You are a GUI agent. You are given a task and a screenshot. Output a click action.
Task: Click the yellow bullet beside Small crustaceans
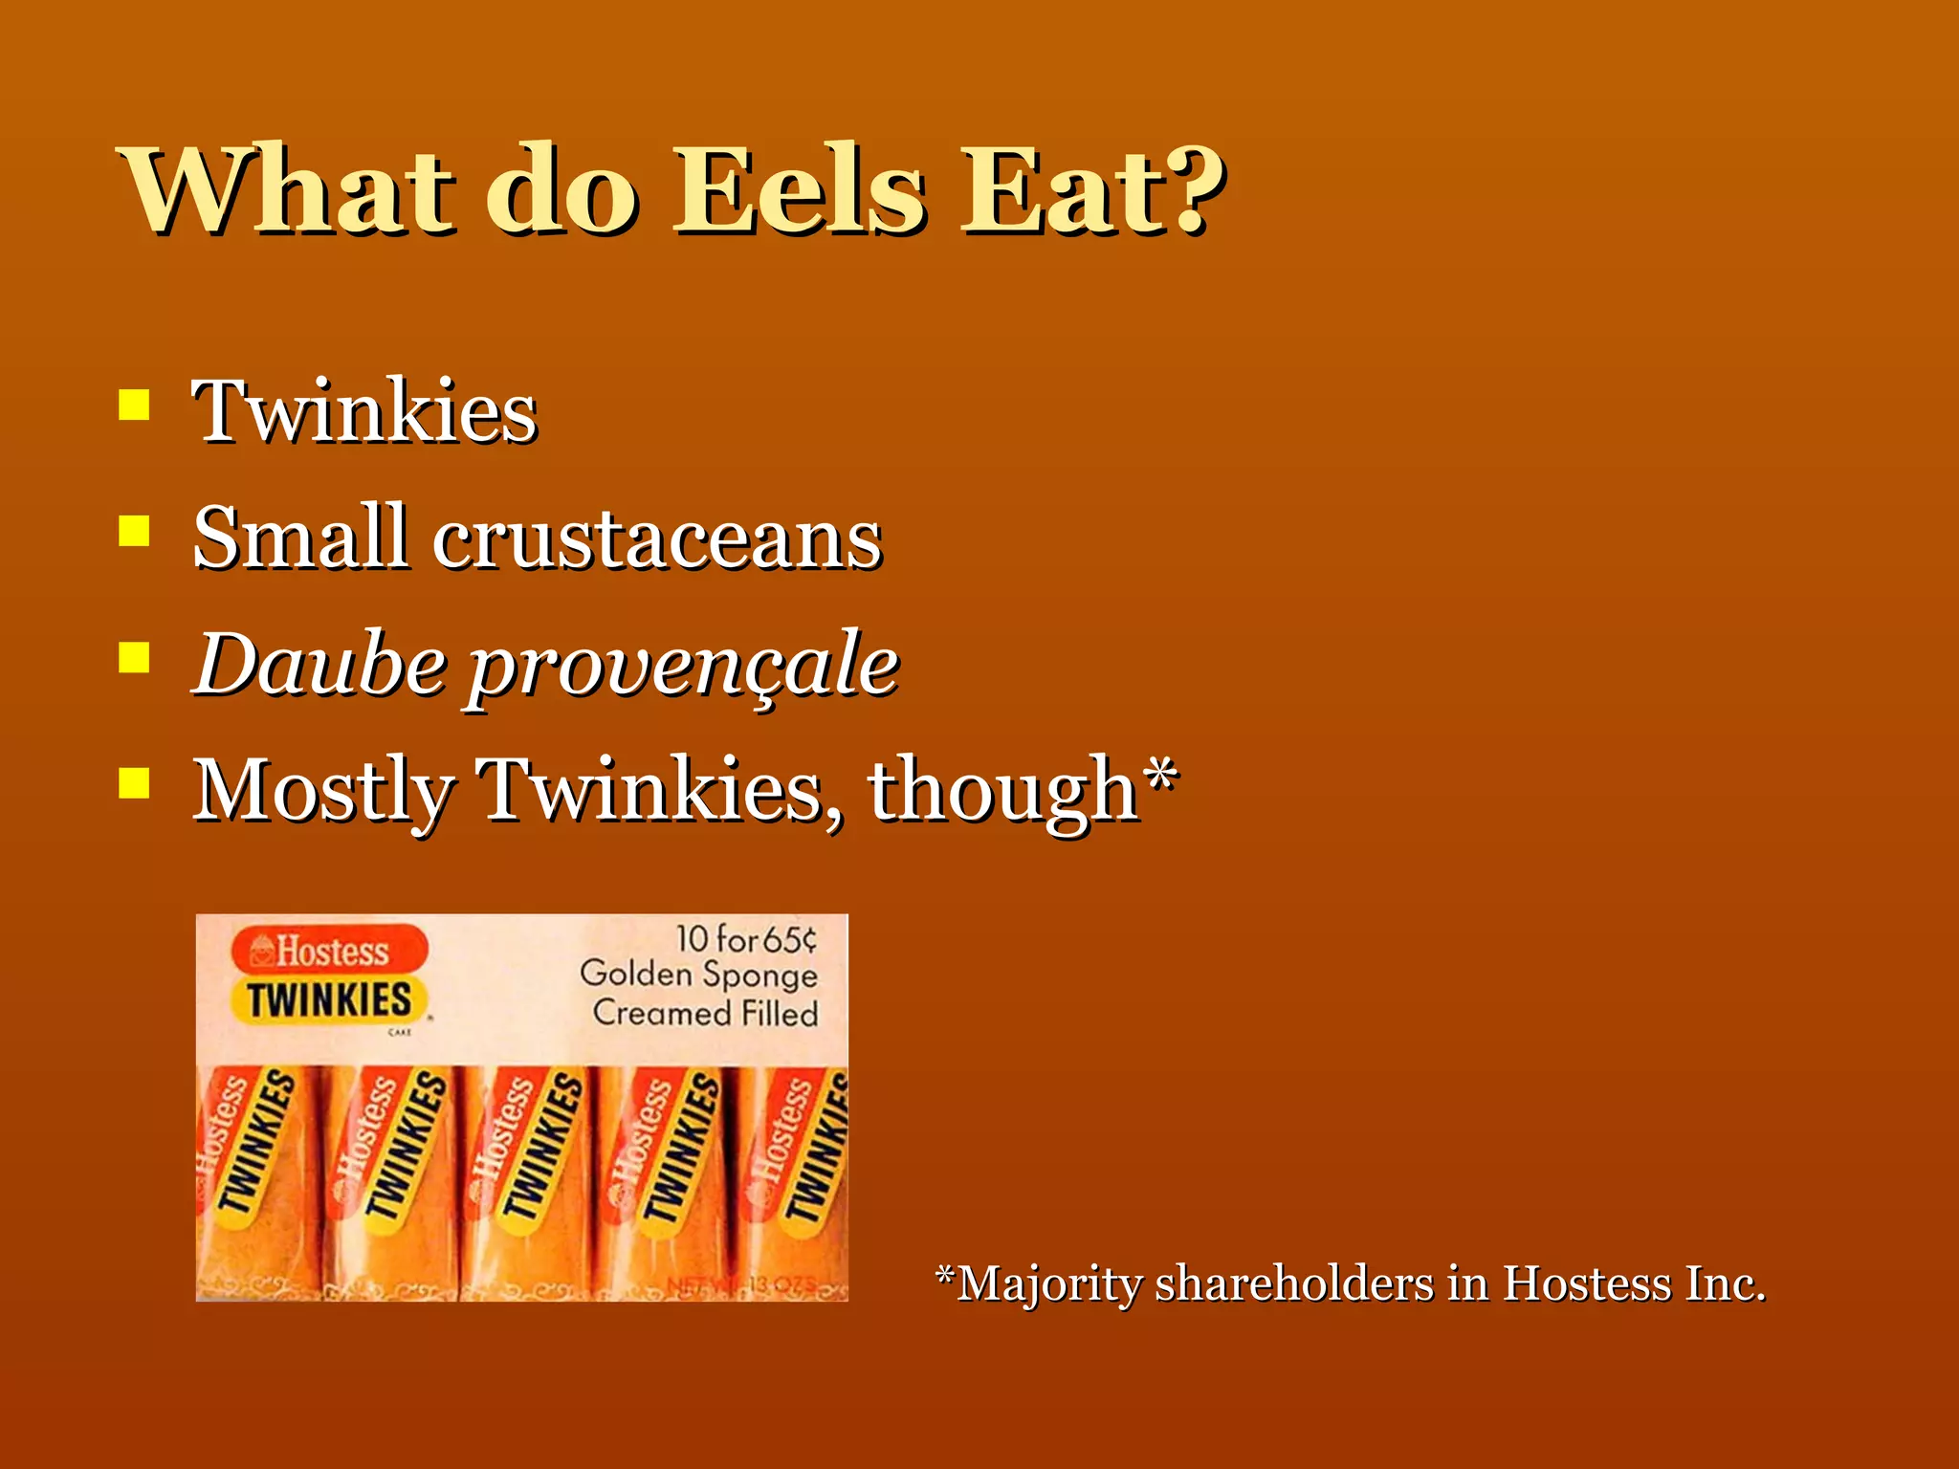pos(134,530)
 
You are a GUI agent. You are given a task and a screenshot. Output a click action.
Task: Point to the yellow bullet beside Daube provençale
pos(134,658)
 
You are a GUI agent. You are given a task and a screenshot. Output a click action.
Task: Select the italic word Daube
pos(319,664)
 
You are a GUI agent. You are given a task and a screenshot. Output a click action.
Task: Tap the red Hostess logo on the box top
pos(329,952)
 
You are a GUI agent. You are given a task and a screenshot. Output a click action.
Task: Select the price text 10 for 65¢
pos(746,939)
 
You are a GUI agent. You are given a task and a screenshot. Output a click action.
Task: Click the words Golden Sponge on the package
pos(698,975)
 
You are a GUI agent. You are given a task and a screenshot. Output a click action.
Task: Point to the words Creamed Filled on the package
pos(705,1013)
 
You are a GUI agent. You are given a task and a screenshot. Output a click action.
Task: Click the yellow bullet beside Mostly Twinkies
pos(134,784)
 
